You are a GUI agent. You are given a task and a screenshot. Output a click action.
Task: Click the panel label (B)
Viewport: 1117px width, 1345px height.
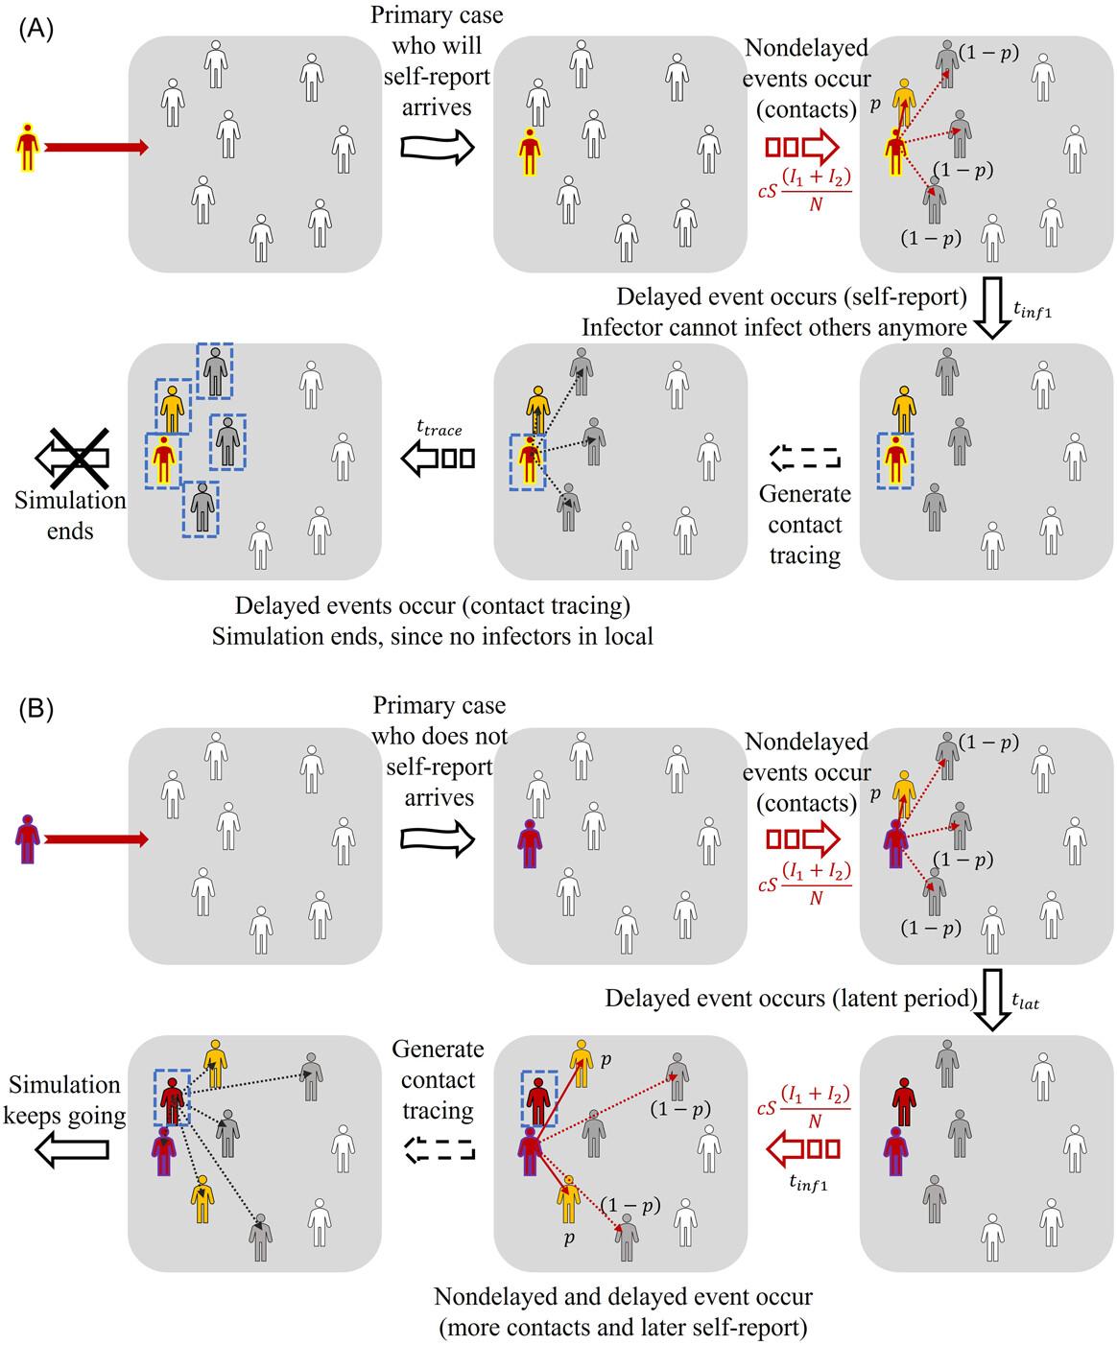pyautogui.click(x=36, y=711)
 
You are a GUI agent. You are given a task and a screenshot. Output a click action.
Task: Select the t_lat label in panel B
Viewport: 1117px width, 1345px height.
pyautogui.click(x=1026, y=1003)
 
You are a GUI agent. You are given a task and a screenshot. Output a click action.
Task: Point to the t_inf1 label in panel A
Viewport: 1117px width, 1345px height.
pyautogui.click(x=1033, y=309)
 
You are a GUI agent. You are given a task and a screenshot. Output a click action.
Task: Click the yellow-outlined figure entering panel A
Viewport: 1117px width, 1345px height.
pyautogui.click(x=30, y=147)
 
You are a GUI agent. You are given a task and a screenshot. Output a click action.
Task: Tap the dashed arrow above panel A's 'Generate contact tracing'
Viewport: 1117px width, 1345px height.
pyautogui.click(x=805, y=458)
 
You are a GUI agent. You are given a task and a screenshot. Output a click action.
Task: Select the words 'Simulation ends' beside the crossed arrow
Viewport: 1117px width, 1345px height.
pyautogui.click(x=69, y=515)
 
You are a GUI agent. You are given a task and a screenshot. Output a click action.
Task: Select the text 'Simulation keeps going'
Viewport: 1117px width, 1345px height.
pyautogui.click(x=65, y=1100)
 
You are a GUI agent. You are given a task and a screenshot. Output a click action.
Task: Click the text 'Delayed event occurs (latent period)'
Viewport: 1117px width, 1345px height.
pyautogui.click(x=790, y=999)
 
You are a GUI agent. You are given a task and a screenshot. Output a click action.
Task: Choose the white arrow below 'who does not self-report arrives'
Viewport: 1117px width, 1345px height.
pyautogui.click(x=438, y=839)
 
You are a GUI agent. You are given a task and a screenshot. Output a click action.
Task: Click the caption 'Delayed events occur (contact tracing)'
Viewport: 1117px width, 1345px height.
pyautogui.click(x=432, y=606)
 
